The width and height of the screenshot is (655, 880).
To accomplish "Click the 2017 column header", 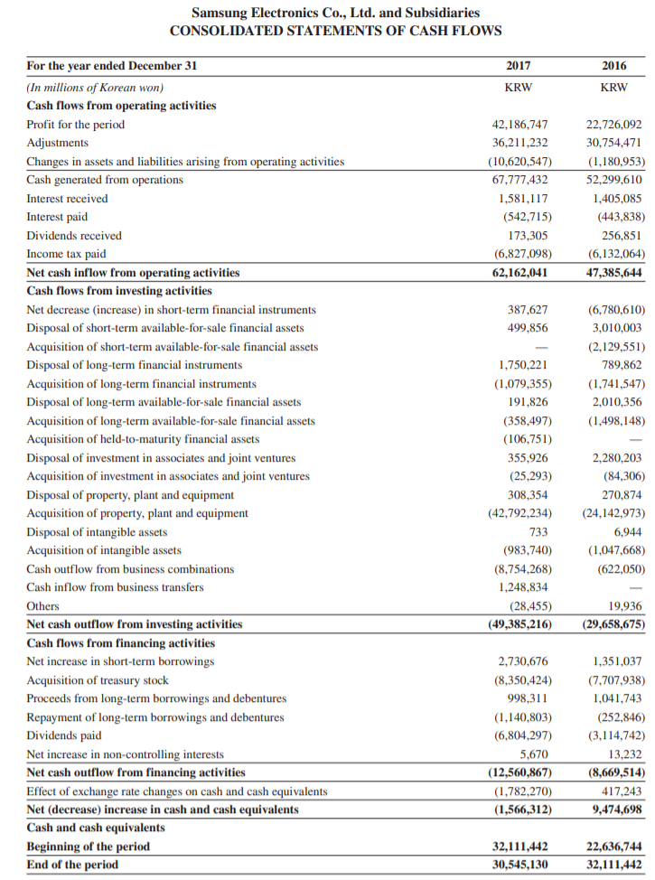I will (518, 66).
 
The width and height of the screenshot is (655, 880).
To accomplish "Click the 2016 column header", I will (614, 66).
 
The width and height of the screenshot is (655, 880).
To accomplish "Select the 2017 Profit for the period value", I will (519, 125).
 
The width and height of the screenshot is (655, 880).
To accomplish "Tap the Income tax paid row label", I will (67, 254).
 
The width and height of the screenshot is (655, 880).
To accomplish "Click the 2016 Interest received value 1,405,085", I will (617, 199).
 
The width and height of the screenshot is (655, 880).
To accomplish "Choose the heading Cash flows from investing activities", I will (119, 291).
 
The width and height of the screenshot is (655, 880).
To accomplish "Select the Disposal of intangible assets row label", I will (97, 532).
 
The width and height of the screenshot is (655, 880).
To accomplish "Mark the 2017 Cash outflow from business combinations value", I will (522, 569).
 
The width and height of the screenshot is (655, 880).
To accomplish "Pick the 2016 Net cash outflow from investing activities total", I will (613, 624).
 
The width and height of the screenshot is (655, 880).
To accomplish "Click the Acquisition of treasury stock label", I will (98, 680).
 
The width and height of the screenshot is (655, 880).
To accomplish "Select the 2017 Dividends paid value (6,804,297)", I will (522, 735).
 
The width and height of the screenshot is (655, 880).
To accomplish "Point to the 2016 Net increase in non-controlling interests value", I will (626, 754).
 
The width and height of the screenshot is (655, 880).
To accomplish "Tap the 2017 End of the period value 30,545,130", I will (519, 865).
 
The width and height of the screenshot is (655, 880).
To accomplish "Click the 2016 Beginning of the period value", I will (613, 847).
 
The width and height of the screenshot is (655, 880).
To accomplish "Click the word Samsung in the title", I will (220, 13).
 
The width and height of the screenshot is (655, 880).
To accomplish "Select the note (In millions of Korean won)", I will (95, 88).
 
